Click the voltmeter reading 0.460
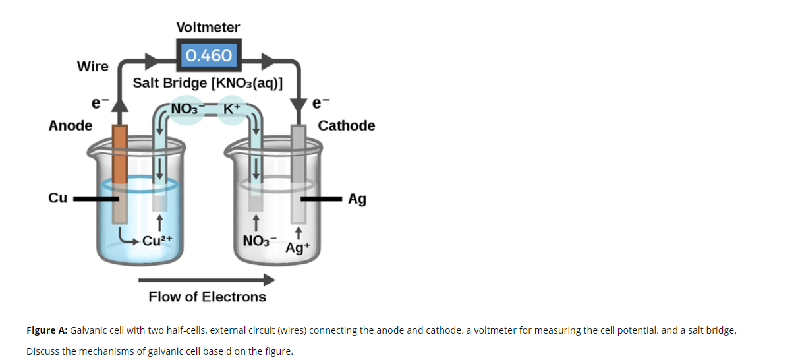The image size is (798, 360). (208, 55)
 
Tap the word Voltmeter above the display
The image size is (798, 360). (208, 27)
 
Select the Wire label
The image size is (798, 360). (93, 66)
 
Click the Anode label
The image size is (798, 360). (71, 125)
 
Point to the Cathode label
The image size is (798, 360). (346, 125)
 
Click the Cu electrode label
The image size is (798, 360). (58, 198)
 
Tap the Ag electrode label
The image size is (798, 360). (357, 198)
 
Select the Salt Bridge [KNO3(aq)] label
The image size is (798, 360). (208, 83)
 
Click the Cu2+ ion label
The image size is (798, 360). (157, 240)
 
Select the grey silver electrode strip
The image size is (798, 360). (299, 171)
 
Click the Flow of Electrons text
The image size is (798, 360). (207, 297)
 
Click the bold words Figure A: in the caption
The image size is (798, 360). (46, 330)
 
